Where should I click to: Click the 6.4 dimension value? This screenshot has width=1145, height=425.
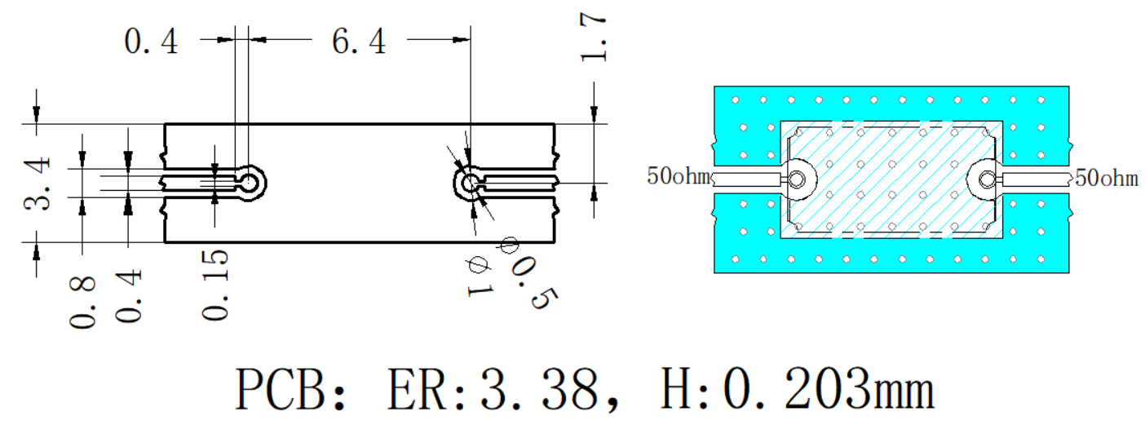point(359,41)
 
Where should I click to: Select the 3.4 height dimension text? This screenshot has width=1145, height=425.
point(38,184)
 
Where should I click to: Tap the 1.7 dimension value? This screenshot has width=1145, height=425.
point(594,38)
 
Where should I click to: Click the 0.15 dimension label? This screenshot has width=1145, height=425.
point(215,285)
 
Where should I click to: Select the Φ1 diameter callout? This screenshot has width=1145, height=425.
point(480,277)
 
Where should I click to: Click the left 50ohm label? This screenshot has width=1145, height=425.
point(679,176)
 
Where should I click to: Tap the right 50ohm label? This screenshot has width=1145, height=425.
point(1107,179)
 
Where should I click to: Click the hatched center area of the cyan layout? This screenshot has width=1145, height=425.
point(891,179)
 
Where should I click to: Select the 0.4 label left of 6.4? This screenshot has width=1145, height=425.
point(151,42)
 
